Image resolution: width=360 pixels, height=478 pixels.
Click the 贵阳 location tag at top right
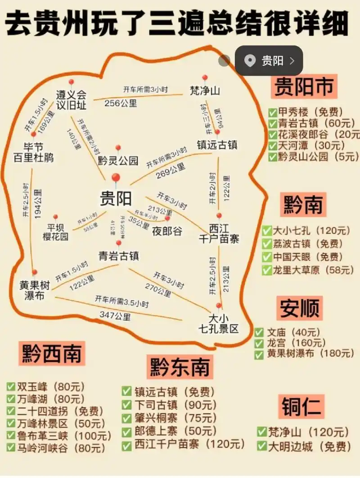(x=269, y=60)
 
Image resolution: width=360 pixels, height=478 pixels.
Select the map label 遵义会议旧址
(x=71, y=100)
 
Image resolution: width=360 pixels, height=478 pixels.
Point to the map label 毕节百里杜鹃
(x=33, y=153)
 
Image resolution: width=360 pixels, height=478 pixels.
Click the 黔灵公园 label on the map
(x=118, y=161)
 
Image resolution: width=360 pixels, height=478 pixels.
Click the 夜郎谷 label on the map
(x=167, y=231)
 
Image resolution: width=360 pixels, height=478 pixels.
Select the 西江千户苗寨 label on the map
(x=219, y=233)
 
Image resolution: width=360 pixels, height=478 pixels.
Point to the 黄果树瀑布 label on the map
(x=34, y=291)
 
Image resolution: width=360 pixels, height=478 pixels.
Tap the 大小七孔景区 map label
(x=219, y=324)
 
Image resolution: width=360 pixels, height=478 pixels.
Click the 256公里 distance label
(x=121, y=103)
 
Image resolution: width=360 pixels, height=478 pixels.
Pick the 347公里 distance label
(x=115, y=316)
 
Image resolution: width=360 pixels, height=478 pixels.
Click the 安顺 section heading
(x=300, y=308)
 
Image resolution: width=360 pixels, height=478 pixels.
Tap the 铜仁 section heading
(x=301, y=406)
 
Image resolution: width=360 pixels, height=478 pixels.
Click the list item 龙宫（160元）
(x=297, y=343)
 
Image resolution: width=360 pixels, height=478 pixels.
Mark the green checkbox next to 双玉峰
(x=11, y=387)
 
